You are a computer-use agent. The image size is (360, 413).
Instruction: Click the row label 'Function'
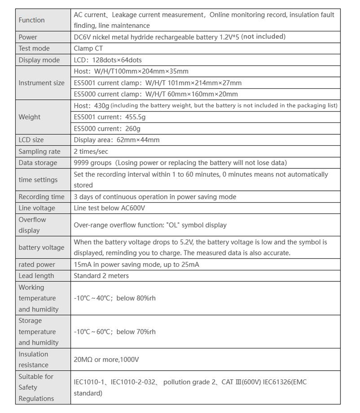coord(31,20)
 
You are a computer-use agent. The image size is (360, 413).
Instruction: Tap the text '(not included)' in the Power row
coord(263,36)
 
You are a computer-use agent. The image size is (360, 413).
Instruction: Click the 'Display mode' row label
coord(39,60)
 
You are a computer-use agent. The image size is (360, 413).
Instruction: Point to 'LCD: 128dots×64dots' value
coord(111,60)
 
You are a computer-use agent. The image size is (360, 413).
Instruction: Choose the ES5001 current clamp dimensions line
coord(157,83)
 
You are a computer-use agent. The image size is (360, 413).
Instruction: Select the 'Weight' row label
coord(30,117)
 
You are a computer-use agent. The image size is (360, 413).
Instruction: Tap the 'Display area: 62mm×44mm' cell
coord(117,140)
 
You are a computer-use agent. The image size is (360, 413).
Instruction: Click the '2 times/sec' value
coord(91,151)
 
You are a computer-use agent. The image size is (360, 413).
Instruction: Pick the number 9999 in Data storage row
coord(82,163)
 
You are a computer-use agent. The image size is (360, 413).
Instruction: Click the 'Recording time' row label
coord(41,197)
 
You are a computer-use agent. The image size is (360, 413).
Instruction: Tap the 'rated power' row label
coord(36,265)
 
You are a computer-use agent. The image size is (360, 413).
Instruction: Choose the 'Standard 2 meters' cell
coord(101,275)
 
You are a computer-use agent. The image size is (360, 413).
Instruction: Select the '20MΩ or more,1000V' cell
coord(106,359)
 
